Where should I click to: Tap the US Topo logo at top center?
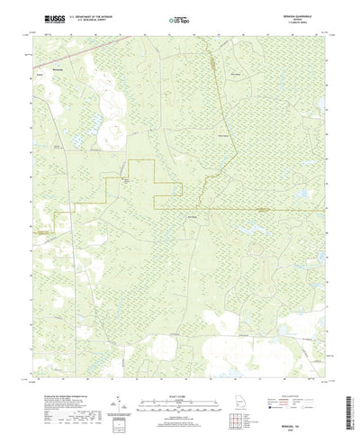pos(179,17)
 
